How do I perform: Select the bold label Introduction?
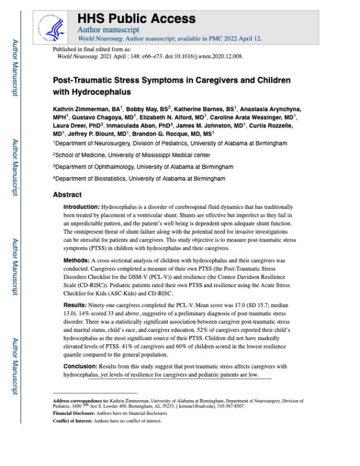point(86,206)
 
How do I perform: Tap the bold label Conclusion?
point(83,366)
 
